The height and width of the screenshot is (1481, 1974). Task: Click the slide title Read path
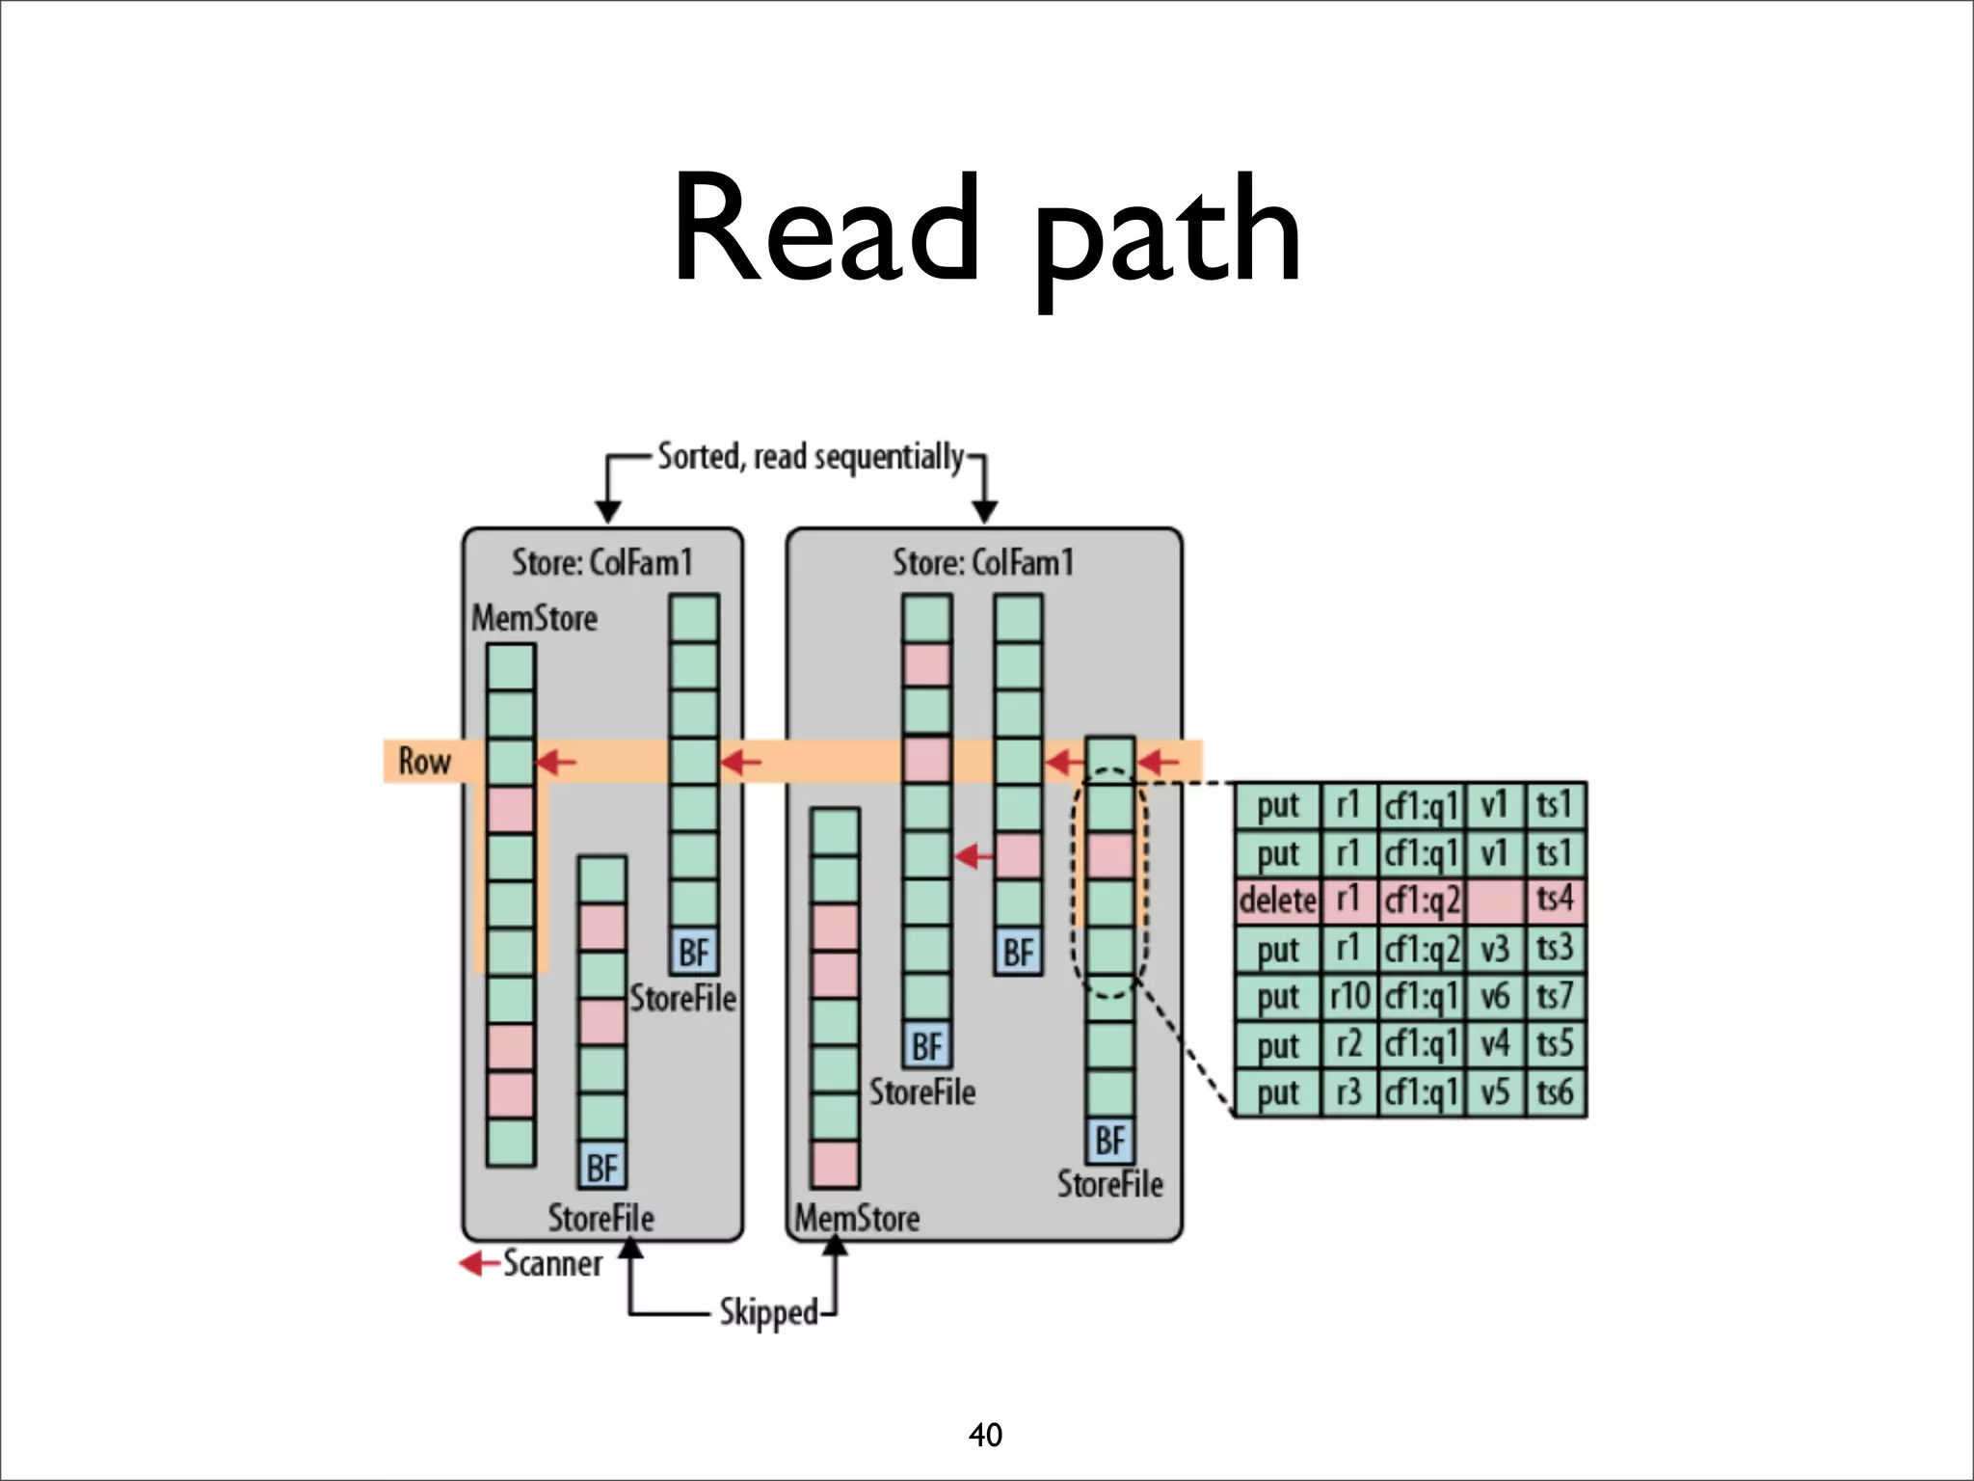(x=986, y=231)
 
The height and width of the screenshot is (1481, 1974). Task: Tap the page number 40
(x=985, y=1435)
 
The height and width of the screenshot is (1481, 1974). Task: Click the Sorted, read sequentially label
(x=810, y=456)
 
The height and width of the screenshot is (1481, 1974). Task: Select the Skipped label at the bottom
(x=768, y=1312)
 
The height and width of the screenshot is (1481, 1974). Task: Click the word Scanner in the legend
(x=552, y=1263)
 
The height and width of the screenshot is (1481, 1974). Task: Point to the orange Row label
(x=424, y=761)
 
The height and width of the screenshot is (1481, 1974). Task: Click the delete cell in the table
(x=1277, y=901)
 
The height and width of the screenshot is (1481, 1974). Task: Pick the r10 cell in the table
(x=1348, y=996)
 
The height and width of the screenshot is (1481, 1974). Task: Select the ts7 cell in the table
(x=1555, y=996)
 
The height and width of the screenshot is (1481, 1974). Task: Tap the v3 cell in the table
(x=1494, y=949)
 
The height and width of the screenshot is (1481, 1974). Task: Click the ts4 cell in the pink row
(x=1555, y=901)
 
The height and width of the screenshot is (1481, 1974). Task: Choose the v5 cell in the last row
(x=1494, y=1092)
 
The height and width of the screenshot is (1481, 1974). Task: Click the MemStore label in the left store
(x=534, y=618)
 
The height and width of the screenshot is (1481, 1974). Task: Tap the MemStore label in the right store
(x=857, y=1218)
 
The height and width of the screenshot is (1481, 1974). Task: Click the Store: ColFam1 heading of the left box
(x=602, y=562)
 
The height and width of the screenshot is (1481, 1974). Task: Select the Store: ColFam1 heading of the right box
(x=983, y=562)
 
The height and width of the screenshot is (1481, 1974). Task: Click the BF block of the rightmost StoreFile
(x=1110, y=1142)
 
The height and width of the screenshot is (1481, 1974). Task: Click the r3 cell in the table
(x=1348, y=1092)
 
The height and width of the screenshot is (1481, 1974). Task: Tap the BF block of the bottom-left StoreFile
(x=602, y=1168)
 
